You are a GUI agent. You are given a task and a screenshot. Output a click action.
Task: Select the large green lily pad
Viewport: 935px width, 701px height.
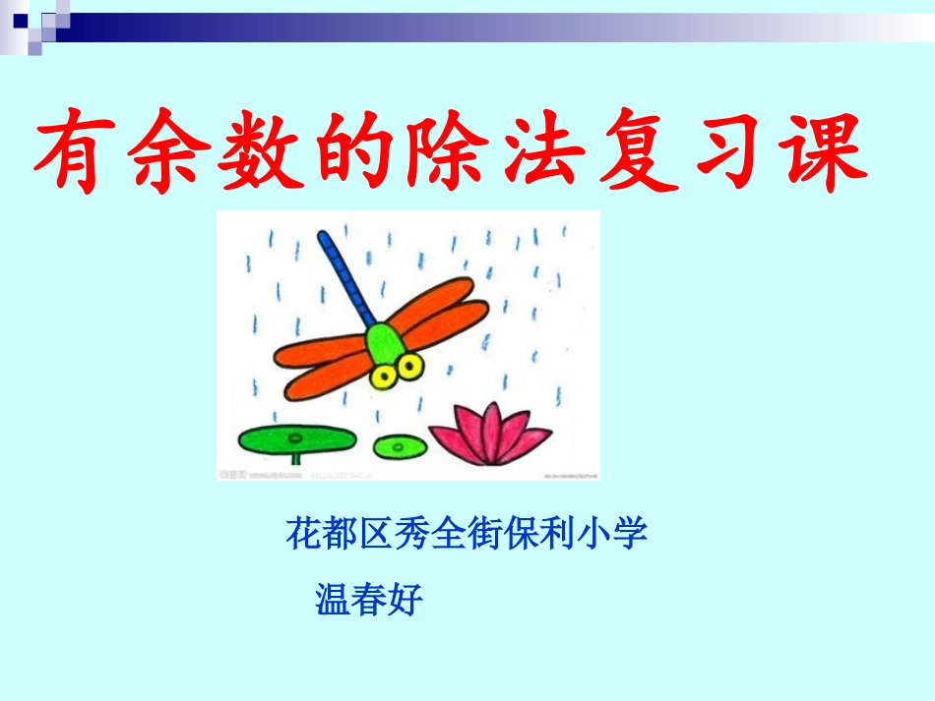tap(294, 439)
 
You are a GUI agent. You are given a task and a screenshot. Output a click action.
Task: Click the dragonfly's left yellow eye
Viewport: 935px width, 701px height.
tap(381, 375)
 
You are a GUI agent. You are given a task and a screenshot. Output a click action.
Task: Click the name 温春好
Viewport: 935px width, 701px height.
tap(369, 598)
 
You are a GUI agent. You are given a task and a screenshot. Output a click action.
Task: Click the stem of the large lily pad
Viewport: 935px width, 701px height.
tap(295, 456)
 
